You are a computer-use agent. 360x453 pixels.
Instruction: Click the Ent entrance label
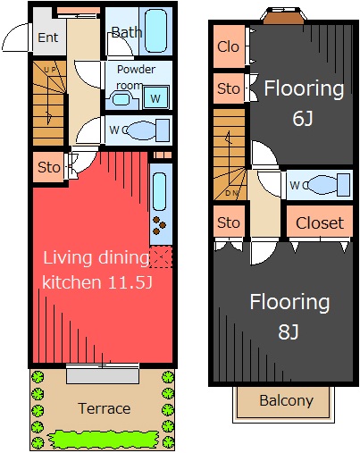[47, 38]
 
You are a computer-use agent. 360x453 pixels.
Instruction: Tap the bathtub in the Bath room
[155, 31]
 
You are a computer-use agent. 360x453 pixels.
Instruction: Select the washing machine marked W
[155, 97]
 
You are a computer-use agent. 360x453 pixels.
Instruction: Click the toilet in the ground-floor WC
[147, 130]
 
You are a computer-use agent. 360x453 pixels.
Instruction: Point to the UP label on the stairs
[50, 70]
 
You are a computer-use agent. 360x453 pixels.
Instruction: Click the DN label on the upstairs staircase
[231, 193]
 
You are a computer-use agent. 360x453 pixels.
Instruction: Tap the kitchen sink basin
[160, 191]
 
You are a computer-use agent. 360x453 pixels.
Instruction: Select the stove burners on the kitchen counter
[159, 225]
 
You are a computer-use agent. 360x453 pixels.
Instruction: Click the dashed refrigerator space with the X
[161, 256]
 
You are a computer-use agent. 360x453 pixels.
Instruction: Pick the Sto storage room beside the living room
[48, 167]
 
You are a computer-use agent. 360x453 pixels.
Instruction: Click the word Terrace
[105, 408]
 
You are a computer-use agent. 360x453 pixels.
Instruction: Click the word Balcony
[287, 401]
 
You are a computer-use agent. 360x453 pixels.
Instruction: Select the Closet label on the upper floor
[320, 223]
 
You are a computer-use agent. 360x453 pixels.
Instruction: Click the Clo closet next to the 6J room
[229, 46]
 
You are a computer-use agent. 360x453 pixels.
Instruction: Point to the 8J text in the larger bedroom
[289, 331]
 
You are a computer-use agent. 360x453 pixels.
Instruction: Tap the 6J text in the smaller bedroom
[303, 118]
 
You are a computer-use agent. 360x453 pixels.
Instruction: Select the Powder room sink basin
[121, 99]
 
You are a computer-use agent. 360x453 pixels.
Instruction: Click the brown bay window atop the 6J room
[284, 16]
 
